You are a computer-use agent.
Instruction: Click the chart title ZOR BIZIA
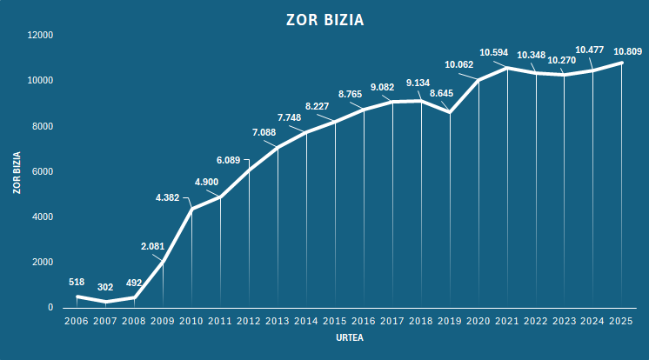[324, 19]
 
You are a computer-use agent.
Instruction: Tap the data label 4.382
[167, 197]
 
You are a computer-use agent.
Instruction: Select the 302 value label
[105, 287]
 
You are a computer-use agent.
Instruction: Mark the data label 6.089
[234, 160]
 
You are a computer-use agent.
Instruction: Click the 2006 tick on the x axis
[77, 322]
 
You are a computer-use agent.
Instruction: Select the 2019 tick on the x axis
[450, 322]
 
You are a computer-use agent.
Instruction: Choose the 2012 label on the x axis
[249, 322]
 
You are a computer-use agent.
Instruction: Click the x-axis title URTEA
[349, 338]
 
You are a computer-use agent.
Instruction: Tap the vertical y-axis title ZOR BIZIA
[17, 171]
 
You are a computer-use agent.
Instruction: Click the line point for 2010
[191, 209]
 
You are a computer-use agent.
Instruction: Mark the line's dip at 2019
[450, 112]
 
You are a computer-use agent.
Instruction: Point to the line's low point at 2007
[105, 302]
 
